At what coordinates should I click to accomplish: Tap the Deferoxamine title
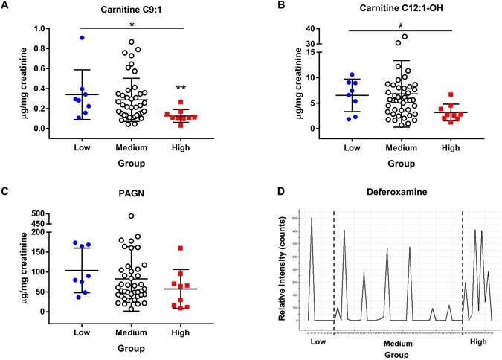tap(391, 196)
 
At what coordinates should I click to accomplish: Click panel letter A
tap(7, 7)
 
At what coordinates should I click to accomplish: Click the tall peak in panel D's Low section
tap(312, 219)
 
